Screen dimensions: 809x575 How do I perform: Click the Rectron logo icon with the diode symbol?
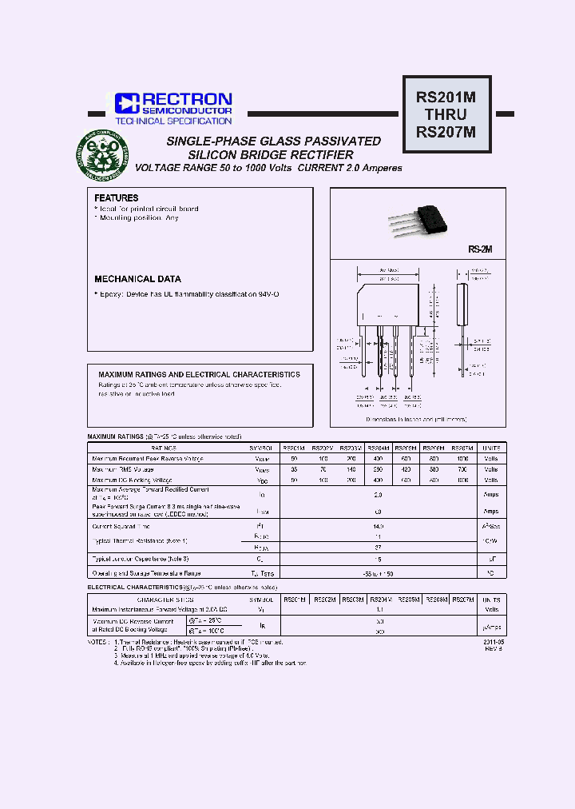pos(127,103)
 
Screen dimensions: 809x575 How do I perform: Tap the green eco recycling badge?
pos(102,155)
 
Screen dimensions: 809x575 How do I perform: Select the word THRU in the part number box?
pos(446,115)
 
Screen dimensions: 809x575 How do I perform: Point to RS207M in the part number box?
pos(446,134)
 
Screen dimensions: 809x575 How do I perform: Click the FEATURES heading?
pos(117,197)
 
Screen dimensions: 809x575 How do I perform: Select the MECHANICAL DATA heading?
pos(137,279)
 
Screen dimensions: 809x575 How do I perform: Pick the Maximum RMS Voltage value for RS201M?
pos(294,470)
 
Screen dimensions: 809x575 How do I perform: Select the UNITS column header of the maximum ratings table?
pos(491,448)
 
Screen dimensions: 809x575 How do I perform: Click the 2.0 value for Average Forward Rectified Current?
pos(379,495)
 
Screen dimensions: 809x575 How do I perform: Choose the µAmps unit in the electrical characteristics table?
pos(491,626)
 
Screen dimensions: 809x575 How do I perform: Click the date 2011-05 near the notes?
pos(494,642)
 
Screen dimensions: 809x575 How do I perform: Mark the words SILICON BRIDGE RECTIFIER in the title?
pos(271,154)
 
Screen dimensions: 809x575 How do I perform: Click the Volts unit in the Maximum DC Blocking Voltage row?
pos(491,480)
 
